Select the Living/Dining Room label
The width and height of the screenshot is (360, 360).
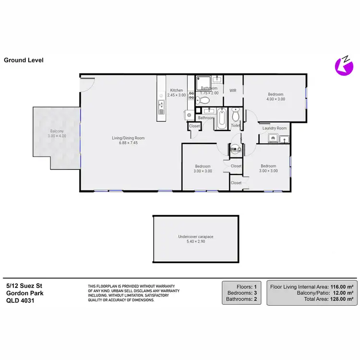128,138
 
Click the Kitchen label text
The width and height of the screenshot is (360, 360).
177,90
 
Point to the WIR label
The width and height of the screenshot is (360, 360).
233,90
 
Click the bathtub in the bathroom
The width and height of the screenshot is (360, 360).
221,119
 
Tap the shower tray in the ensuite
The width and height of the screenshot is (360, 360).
203,81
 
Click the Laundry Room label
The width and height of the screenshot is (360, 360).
275,128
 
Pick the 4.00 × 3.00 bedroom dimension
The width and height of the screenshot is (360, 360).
276,99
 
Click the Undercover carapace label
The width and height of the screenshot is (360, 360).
195,237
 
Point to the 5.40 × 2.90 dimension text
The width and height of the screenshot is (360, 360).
195,241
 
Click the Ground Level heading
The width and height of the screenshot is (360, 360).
24,60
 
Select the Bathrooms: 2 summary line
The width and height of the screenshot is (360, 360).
243,299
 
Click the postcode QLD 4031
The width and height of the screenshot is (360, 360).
20,300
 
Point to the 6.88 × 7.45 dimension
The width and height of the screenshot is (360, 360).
128,143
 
